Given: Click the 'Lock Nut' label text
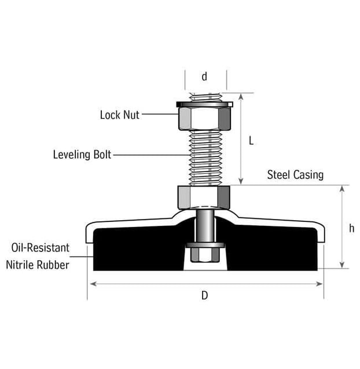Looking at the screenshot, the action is point(119,115).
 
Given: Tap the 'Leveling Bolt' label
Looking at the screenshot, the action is point(82,155).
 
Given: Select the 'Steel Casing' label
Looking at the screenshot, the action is point(295,175).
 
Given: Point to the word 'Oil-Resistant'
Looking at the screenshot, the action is point(41,247).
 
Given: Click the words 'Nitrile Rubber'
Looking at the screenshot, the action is point(38,265).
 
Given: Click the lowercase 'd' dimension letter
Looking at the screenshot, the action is point(204,76).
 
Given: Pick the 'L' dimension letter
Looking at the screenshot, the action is point(251,141).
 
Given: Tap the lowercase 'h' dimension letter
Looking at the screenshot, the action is point(351,228).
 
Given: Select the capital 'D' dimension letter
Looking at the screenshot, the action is point(204,295).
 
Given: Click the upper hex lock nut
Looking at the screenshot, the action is point(204,119).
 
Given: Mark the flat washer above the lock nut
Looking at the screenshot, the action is point(204,104).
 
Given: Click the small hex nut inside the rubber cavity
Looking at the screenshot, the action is point(205,255).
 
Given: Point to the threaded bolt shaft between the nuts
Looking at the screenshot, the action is point(205,158).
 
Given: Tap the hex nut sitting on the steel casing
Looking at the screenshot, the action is point(204,198).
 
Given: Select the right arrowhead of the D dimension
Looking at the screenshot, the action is point(319,284).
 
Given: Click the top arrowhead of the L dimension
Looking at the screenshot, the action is point(241,97).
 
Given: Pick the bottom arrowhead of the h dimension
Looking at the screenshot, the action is point(343,265).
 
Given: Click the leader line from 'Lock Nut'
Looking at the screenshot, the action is point(160,114).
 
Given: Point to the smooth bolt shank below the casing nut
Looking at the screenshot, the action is point(205,226).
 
